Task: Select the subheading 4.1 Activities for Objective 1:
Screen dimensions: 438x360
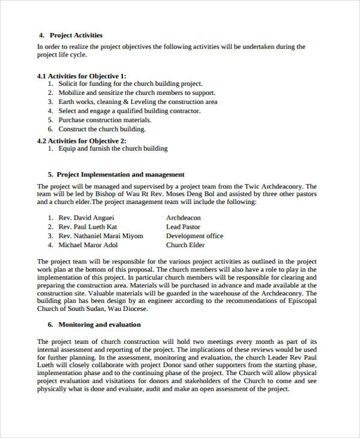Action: click(82, 76)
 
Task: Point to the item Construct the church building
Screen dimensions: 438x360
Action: click(102, 129)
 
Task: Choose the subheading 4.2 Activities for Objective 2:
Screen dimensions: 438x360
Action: click(82, 140)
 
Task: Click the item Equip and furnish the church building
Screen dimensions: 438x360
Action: click(113, 148)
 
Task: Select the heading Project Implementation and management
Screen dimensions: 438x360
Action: click(120, 175)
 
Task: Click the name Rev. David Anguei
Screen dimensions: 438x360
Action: click(86, 218)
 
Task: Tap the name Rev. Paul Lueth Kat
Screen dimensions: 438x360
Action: click(88, 227)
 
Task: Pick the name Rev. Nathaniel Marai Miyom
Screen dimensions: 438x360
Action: click(101, 236)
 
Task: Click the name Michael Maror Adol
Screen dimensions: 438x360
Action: click(88, 245)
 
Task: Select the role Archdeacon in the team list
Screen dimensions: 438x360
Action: click(184, 218)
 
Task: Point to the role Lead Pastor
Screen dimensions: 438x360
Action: click(183, 227)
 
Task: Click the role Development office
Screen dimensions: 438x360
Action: click(194, 236)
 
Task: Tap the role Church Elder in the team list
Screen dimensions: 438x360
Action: click(185, 245)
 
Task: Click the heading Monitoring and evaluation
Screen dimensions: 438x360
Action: click(99, 325)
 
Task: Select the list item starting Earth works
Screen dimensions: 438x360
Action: click(137, 102)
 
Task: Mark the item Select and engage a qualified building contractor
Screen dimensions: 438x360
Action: click(129, 111)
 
